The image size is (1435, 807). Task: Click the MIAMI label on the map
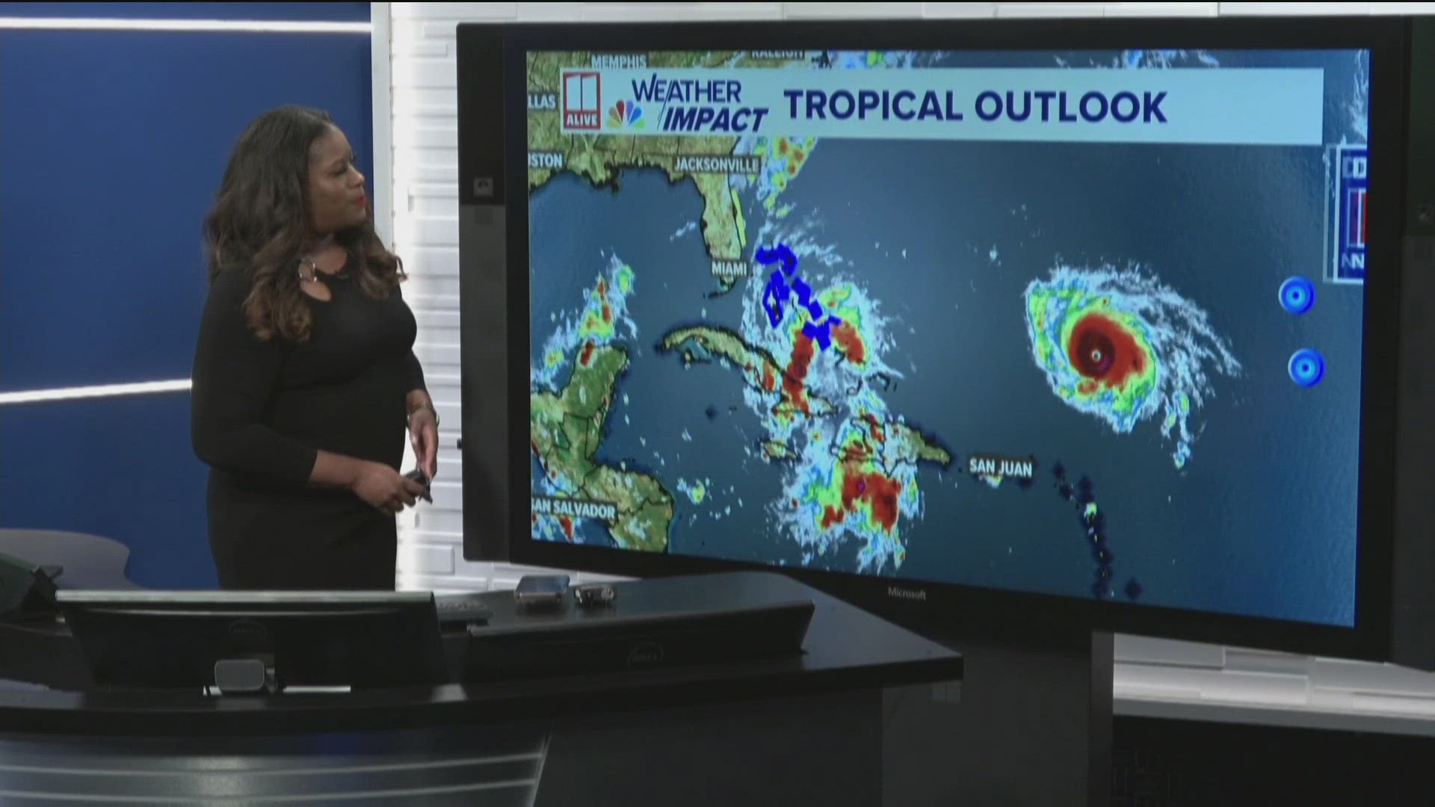coord(729,268)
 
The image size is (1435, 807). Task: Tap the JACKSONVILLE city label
coord(716,164)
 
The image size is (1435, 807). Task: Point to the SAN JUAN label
coord(1001,467)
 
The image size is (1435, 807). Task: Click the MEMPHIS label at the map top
coord(618,61)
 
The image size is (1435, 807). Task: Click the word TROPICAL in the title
coord(871,105)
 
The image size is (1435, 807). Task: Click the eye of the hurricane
coord(1096,355)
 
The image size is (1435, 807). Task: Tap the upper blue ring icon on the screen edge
coord(1296,295)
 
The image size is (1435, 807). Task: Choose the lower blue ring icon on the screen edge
coord(1306,368)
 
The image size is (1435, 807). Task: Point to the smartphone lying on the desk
coord(543,589)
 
